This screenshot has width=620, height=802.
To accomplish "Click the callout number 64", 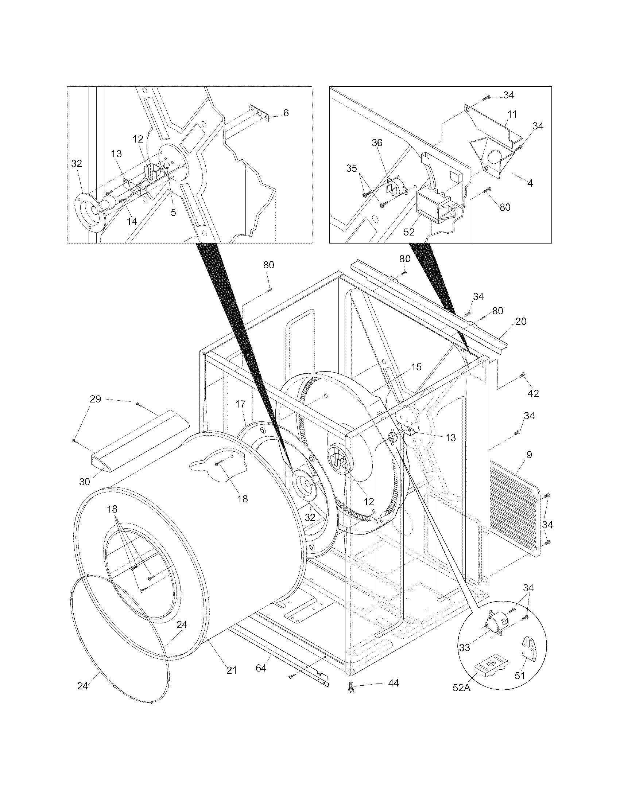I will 261,668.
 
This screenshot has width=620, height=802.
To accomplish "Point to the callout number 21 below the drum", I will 231,670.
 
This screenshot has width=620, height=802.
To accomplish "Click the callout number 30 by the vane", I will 85,482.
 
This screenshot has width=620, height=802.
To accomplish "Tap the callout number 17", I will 240,404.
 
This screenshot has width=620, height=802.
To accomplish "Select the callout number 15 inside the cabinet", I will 416,367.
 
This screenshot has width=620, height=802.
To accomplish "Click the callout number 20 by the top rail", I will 521,321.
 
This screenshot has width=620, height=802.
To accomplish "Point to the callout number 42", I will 533,393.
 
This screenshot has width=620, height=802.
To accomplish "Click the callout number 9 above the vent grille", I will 529,455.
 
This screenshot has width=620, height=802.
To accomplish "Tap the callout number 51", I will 519,675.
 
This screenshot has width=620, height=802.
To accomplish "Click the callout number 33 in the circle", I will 465,647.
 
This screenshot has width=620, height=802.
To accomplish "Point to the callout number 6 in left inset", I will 286,113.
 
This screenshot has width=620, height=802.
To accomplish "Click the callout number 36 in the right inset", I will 377,143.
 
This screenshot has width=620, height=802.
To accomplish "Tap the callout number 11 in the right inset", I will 512,114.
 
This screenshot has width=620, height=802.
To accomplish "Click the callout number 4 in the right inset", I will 530,183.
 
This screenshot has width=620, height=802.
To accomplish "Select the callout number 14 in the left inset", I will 132,221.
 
